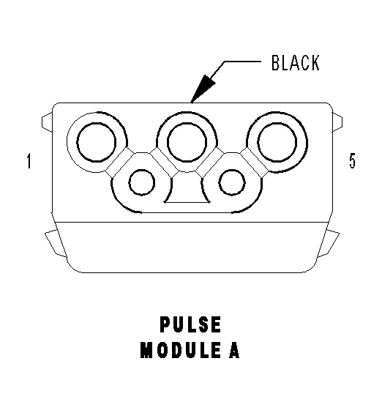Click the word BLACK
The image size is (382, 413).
click(x=296, y=63)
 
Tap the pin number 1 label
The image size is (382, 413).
click(x=29, y=161)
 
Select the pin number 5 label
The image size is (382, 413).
click(x=352, y=160)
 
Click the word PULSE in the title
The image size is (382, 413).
click(x=190, y=324)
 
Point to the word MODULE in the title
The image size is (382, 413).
click(x=180, y=350)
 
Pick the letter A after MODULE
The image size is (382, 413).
click(x=234, y=350)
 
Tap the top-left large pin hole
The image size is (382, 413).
click(x=96, y=142)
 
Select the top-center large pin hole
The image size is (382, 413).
click(x=187, y=142)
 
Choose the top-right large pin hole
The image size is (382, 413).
click(x=277, y=142)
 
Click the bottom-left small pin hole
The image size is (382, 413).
click(x=142, y=182)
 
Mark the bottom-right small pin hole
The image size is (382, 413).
click(x=232, y=182)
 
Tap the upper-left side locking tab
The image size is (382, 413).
click(x=47, y=122)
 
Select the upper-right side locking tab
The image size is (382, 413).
click(x=337, y=122)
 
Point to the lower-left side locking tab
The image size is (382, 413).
click(x=56, y=243)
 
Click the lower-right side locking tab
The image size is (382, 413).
click(x=328, y=243)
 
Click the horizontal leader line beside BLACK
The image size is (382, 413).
click(x=242, y=62)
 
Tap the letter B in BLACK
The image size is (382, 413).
click(x=275, y=63)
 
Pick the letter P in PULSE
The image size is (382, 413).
click(x=165, y=324)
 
